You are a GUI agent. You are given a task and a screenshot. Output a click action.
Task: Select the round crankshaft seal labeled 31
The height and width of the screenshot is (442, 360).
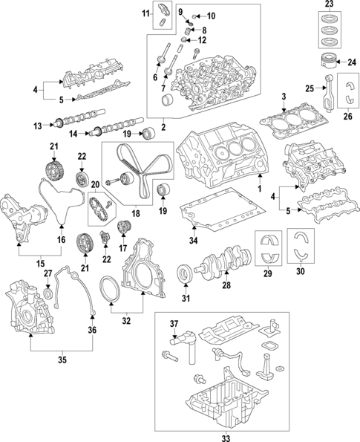pyautogui.click(x=183, y=279)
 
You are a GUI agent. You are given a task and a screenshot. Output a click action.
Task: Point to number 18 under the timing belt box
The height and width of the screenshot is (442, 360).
pyautogui.click(x=135, y=212)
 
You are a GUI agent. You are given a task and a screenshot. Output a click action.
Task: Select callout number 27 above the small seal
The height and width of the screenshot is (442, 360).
pyautogui.click(x=48, y=274)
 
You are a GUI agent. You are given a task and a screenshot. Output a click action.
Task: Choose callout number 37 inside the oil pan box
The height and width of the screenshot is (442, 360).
pyautogui.click(x=174, y=323)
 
